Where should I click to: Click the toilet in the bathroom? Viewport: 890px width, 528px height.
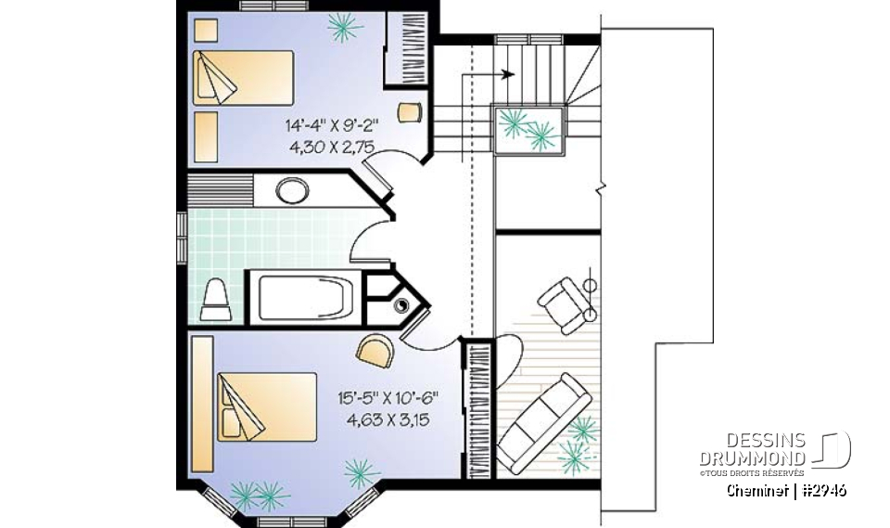tap(215, 299)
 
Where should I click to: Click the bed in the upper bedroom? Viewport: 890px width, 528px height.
tap(243, 78)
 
